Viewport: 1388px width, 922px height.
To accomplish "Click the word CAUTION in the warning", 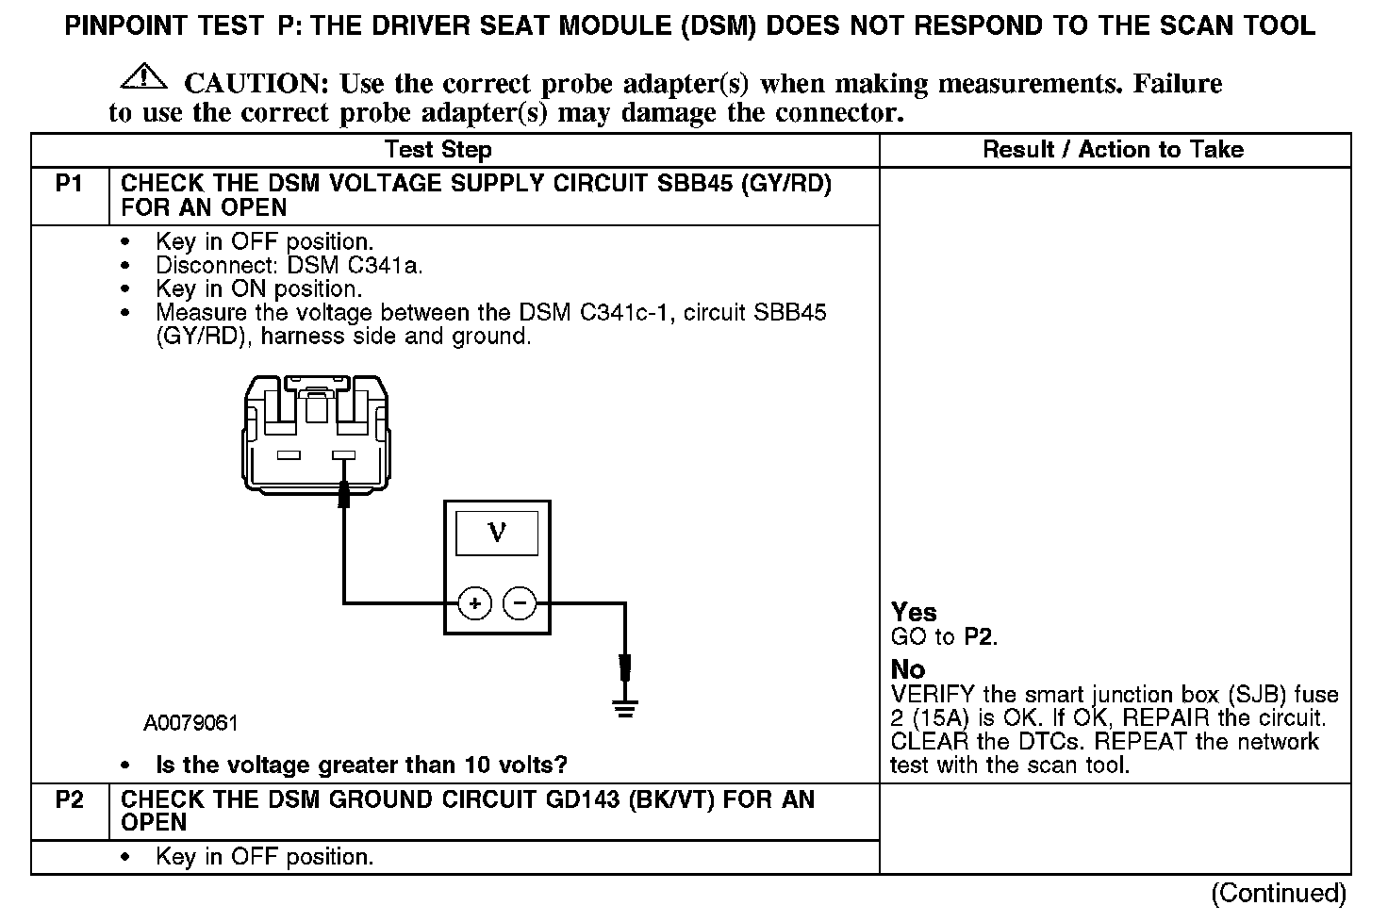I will click(256, 84).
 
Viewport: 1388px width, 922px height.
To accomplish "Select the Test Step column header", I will click(438, 150).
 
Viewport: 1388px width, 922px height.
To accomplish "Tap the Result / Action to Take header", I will click(1114, 149).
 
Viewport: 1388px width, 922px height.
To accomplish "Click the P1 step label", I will click(70, 184).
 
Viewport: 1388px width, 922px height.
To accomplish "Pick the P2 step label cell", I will click(70, 800).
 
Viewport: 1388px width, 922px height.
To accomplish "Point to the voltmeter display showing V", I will click(497, 534).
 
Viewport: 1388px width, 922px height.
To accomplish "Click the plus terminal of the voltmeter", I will click(475, 602).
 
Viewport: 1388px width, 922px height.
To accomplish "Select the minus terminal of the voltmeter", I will click(520, 602).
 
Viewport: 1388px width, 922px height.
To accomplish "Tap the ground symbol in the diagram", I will click(624, 707).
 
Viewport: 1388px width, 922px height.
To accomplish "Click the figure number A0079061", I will click(191, 723).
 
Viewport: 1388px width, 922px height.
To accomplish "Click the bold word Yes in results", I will click(914, 612).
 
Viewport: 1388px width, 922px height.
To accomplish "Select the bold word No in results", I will click(908, 669).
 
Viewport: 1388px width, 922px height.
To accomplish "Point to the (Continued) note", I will click(1279, 892).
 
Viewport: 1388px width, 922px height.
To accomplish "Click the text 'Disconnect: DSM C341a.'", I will click(289, 266).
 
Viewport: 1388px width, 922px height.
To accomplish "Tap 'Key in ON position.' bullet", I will click(258, 289).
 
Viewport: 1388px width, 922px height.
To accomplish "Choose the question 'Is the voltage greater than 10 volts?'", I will click(361, 765).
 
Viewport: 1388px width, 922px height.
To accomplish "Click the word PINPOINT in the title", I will click(125, 25).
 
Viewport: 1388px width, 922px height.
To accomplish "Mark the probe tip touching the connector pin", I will click(344, 491).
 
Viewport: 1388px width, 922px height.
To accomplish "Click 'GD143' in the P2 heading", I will click(581, 800).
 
